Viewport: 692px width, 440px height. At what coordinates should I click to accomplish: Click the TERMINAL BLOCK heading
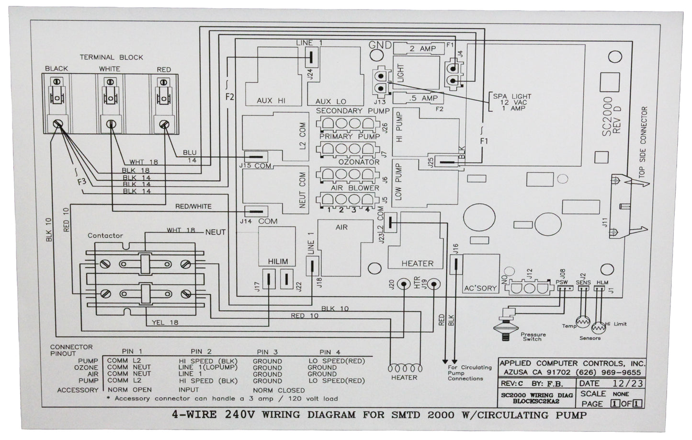tap(111, 57)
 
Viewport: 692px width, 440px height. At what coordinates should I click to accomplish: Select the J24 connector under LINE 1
tap(309, 58)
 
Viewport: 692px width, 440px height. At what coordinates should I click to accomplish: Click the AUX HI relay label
tap(271, 101)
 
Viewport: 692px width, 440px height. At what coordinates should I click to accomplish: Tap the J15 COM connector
tap(255, 157)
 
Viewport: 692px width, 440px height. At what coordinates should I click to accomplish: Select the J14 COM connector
tap(255, 211)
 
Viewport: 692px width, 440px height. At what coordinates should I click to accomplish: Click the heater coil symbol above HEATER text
tap(405, 368)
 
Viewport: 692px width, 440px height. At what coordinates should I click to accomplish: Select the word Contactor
tap(105, 235)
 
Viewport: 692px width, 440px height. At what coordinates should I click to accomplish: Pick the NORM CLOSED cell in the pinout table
tap(279, 390)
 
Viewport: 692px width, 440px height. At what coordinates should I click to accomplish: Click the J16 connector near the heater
tap(455, 264)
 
